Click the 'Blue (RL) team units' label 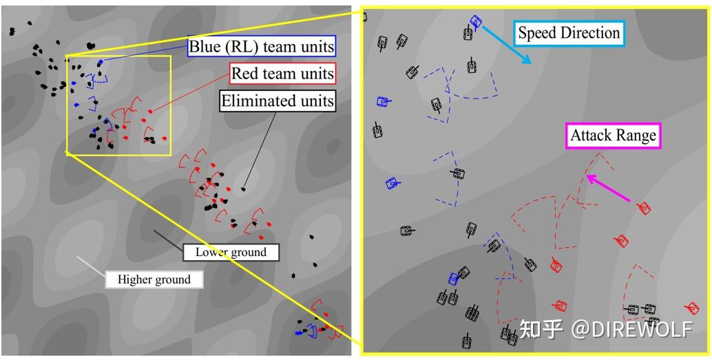point(262,46)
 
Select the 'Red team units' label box point(282,73)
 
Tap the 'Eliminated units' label point(278,100)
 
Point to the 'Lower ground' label point(231,252)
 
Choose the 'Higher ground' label point(154,279)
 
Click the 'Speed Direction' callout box point(569,33)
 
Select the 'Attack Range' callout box point(613,136)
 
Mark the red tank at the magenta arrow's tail point(644,209)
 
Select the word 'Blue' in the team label point(202,46)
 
